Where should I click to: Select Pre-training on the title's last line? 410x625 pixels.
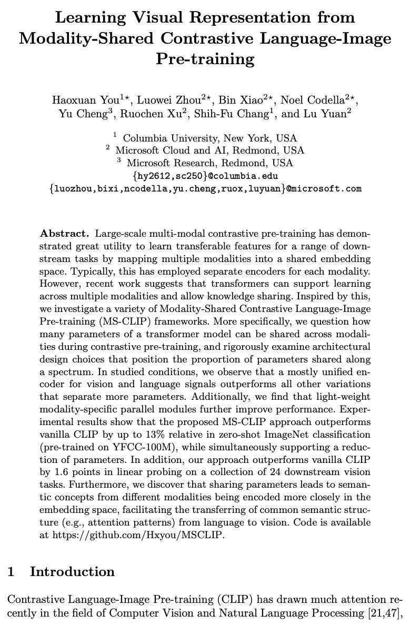pyautogui.click(x=205, y=58)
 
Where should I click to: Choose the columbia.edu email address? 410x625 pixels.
pyautogui.click(x=206, y=176)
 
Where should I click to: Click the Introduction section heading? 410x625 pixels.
pyautogui.click(x=72, y=572)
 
